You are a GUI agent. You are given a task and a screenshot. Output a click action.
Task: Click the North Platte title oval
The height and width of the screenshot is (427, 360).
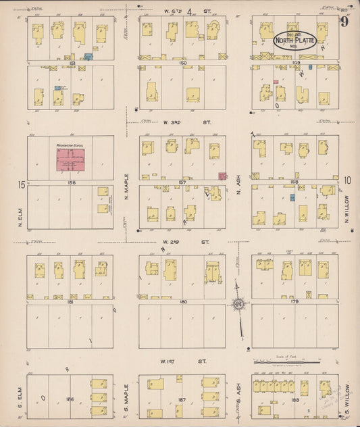point(293,41)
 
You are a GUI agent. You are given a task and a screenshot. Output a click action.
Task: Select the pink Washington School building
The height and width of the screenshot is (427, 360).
point(70,161)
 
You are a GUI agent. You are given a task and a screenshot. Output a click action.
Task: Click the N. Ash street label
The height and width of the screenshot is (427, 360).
point(239,184)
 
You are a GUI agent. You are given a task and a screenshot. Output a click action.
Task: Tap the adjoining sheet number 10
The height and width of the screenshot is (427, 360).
point(347,180)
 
